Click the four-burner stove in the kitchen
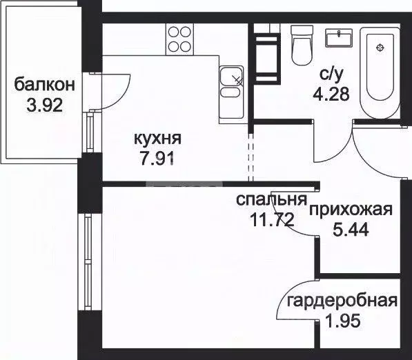179,39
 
